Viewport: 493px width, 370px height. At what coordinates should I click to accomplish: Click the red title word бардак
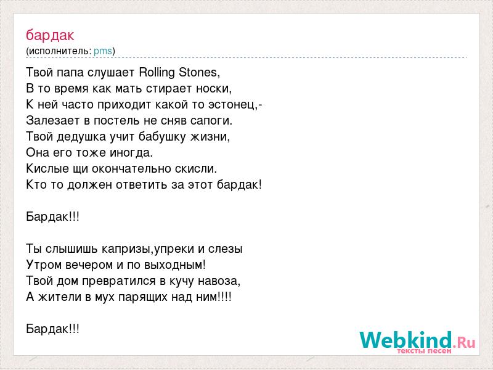pos(50,35)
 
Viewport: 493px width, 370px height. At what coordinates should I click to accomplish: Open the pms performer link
pos(103,51)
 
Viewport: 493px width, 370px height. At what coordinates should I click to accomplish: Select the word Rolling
pos(157,73)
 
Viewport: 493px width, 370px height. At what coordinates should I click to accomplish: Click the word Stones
pos(198,72)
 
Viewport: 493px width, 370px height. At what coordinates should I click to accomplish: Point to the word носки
pos(213,89)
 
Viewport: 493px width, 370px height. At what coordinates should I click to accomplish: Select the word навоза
pos(218,281)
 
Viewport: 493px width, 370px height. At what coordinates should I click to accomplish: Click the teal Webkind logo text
pos(406,340)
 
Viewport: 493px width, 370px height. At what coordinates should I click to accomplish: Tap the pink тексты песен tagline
pos(424,351)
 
